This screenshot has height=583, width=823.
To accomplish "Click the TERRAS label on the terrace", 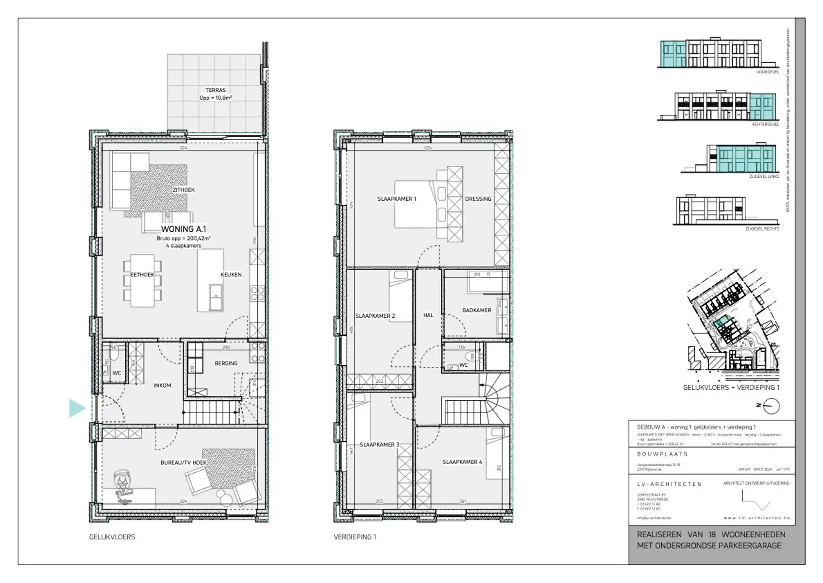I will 215,90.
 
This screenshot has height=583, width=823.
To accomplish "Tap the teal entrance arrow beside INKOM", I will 77,408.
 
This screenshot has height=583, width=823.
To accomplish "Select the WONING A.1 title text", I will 184,229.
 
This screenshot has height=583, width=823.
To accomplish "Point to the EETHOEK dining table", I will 142,281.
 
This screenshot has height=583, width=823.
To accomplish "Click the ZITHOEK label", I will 184,189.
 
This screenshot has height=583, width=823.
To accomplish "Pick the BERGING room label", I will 226,363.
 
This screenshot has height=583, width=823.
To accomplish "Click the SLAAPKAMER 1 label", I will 397,199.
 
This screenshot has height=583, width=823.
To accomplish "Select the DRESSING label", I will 478,199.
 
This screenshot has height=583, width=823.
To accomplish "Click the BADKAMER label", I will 476,310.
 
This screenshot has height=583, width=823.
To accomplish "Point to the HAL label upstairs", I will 428,315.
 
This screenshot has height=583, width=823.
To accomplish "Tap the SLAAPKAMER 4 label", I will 462,462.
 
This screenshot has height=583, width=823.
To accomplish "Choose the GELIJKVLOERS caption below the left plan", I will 112,537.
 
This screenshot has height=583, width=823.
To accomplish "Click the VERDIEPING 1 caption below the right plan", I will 354,537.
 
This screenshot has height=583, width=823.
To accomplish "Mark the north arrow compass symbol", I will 771,406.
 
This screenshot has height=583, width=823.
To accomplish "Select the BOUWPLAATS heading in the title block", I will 662,454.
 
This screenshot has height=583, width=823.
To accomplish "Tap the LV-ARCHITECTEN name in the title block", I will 669,484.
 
